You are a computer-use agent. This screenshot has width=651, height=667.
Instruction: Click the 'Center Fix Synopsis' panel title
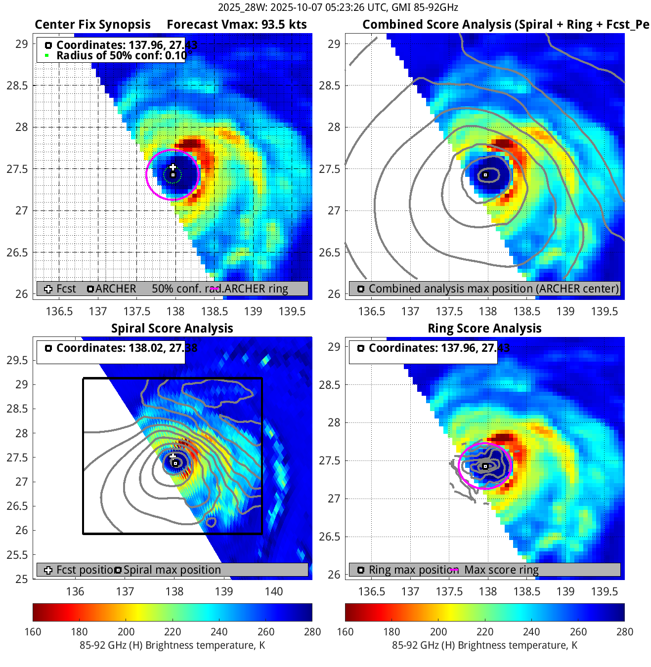[x=92, y=25]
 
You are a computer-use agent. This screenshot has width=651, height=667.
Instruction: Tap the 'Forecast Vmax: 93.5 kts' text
[x=237, y=25]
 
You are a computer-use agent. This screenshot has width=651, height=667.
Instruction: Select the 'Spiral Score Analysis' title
[x=172, y=329]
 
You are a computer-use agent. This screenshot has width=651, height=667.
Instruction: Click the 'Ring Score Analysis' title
[x=484, y=329]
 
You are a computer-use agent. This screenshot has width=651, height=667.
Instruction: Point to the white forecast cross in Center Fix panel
[x=173, y=167]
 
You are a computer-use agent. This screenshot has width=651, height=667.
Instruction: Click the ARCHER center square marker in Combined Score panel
[x=485, y=175]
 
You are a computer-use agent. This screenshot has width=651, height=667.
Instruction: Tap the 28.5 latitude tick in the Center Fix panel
[x=17, y=85]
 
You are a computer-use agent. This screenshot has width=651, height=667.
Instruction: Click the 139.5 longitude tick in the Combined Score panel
[x=604, y=311]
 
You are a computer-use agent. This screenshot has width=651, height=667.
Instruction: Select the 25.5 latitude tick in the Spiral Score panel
[x=17, y=555]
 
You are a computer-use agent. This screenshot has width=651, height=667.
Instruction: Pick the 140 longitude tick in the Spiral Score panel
[x=274, y=591]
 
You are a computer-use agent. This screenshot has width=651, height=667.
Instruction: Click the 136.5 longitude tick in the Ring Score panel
[x=371, y=591]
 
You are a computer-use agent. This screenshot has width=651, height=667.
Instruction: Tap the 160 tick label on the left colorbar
[x=33, y=632]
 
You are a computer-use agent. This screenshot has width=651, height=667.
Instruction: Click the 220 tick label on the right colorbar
[x=485, y=632]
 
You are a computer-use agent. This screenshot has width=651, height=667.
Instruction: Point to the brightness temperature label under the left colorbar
[x=172, y=645]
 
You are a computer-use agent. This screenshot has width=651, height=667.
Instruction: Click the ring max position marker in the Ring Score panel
[x=485, y=466]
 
